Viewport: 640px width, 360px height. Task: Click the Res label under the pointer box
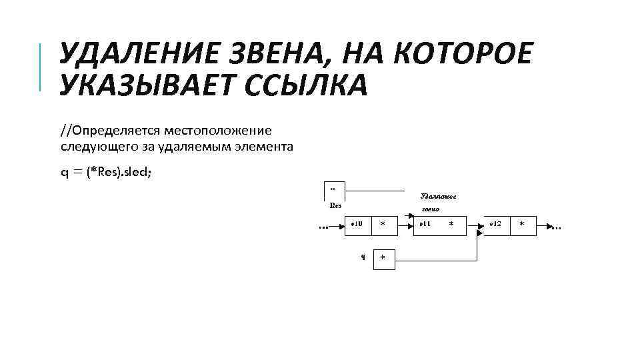[336, 205]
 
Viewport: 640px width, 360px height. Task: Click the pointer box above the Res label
[333, 190]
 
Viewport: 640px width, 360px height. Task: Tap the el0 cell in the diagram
[357, 225]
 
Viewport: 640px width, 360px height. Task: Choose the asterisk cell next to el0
[383, 225]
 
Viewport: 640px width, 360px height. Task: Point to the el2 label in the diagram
[495, 225]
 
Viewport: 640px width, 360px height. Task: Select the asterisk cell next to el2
[522, 225]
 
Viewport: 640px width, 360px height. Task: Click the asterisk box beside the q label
[383, 259]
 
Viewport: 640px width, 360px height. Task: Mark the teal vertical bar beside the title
[41, 66]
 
